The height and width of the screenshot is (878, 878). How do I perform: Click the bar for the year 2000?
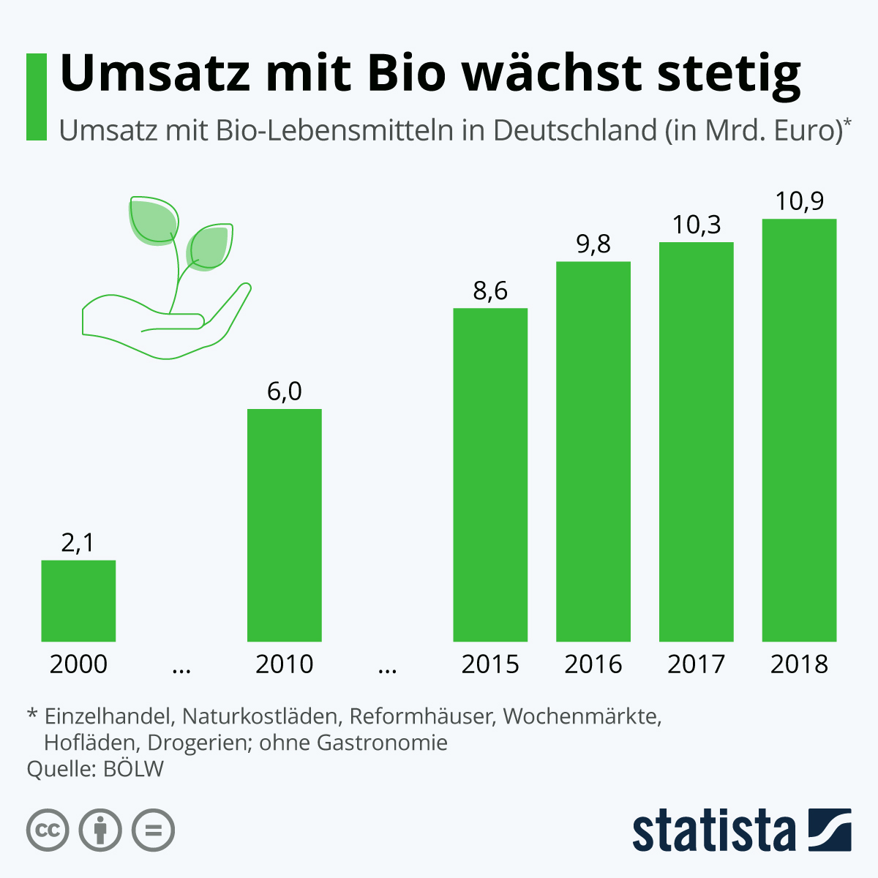(78, 601)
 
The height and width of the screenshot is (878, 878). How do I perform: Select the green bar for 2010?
(285, 525)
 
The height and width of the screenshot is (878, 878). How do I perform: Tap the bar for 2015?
(490, 475)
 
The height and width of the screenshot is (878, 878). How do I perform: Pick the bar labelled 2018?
(799, 430)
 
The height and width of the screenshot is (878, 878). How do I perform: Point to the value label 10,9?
(800, 201)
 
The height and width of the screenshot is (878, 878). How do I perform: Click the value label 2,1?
(78, 543)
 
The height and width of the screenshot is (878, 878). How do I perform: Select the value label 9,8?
(593, 244)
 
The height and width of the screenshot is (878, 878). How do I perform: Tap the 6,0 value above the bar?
(285, 391)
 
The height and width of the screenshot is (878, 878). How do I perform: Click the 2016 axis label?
(593, 664)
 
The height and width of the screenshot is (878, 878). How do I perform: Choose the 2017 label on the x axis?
(697, 664)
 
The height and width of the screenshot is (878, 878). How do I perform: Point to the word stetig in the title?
(729, 75)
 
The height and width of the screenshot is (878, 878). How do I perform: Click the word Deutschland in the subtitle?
(575, 130)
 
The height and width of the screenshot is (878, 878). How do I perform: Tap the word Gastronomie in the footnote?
(382, 743)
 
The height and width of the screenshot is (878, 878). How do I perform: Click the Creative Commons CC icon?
(48, 830)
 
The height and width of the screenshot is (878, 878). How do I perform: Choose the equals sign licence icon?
(153, 830)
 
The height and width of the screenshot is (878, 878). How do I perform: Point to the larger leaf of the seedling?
(153, 221)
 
